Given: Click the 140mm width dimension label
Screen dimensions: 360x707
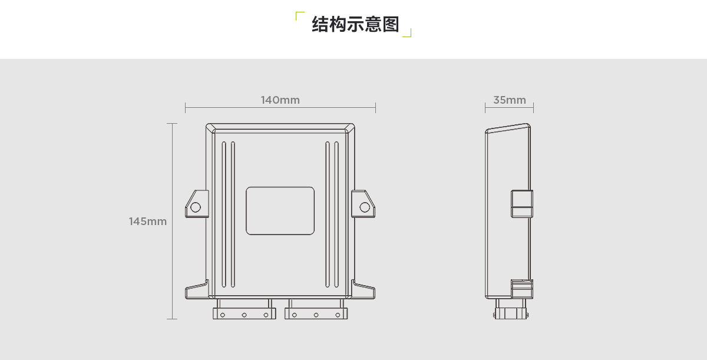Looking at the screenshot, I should pos(280,100).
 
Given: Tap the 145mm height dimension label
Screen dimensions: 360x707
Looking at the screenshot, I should pos(148,222).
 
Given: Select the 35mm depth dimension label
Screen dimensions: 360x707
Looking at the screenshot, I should pos(510,100).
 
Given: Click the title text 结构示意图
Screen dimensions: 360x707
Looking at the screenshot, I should pos(355,24).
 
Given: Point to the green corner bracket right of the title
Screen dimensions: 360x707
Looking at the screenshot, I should pos(407,33).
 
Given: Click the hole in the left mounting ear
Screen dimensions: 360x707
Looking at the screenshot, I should pos(195,207).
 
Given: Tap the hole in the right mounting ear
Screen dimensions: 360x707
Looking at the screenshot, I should pos(365,207).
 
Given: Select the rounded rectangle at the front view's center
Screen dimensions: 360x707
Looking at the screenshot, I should pos(280,211).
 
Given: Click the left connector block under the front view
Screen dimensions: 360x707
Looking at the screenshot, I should pos(243,309).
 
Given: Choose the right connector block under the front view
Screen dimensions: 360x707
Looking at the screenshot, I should pos(316,309).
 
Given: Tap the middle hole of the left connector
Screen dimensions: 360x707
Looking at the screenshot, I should pos(244,315).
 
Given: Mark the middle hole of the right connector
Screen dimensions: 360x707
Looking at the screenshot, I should pos(316,315).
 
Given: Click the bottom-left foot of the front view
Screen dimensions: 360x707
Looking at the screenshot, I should pos(196,290).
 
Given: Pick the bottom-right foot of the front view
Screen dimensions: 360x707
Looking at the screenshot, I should pos(364,290).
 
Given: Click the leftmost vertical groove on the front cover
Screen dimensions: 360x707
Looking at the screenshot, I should pos(224,215).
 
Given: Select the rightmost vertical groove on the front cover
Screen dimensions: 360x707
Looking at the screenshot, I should pos(336,215).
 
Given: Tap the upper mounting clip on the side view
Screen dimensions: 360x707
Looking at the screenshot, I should pos(521,204).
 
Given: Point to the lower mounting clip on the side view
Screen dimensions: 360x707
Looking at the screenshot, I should pos(521,289).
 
